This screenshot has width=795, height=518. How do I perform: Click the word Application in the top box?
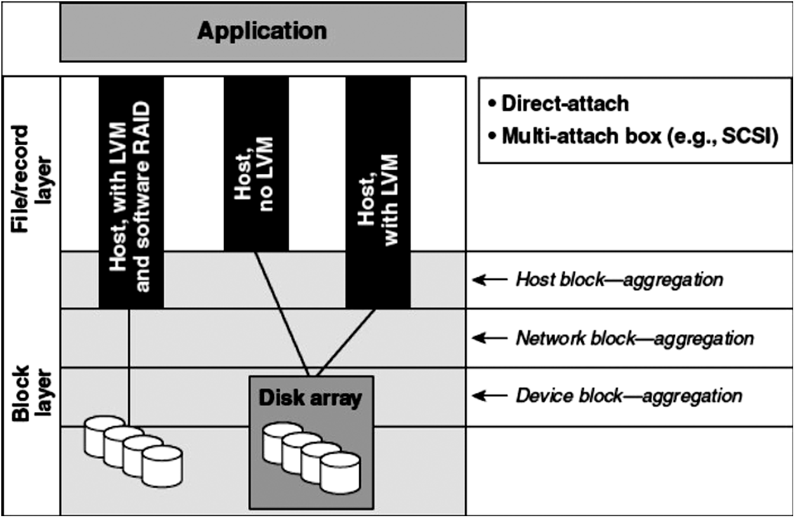coord(262,31)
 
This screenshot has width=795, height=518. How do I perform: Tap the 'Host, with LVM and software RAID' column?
coord(131,190)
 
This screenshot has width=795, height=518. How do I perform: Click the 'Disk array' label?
coord(310,398)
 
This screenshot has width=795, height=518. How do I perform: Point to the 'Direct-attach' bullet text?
coord(565,103)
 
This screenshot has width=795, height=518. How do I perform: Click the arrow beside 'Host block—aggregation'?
coord(490,279)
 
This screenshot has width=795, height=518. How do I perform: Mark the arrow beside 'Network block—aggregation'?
coord(490,338)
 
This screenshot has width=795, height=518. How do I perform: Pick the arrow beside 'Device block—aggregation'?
coord(490,396)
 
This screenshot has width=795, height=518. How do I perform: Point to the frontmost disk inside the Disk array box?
coord(339,474)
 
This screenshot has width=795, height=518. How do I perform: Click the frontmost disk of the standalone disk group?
coord(162,466)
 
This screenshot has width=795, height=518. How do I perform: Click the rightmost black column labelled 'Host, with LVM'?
coord(378,190)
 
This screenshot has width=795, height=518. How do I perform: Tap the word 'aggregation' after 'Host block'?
coord(673,279)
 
